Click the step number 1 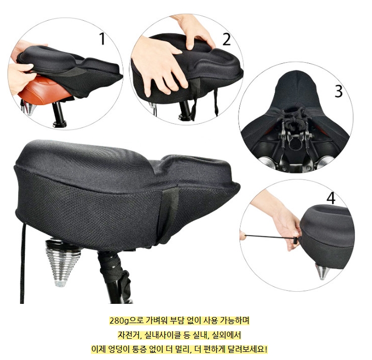(102, 39)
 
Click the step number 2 (226, 39)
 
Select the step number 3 (339, 91)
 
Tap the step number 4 (331, 198)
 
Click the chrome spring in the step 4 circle (322, 271)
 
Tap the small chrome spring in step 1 (29, 108)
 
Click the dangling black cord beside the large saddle (23, 263)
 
